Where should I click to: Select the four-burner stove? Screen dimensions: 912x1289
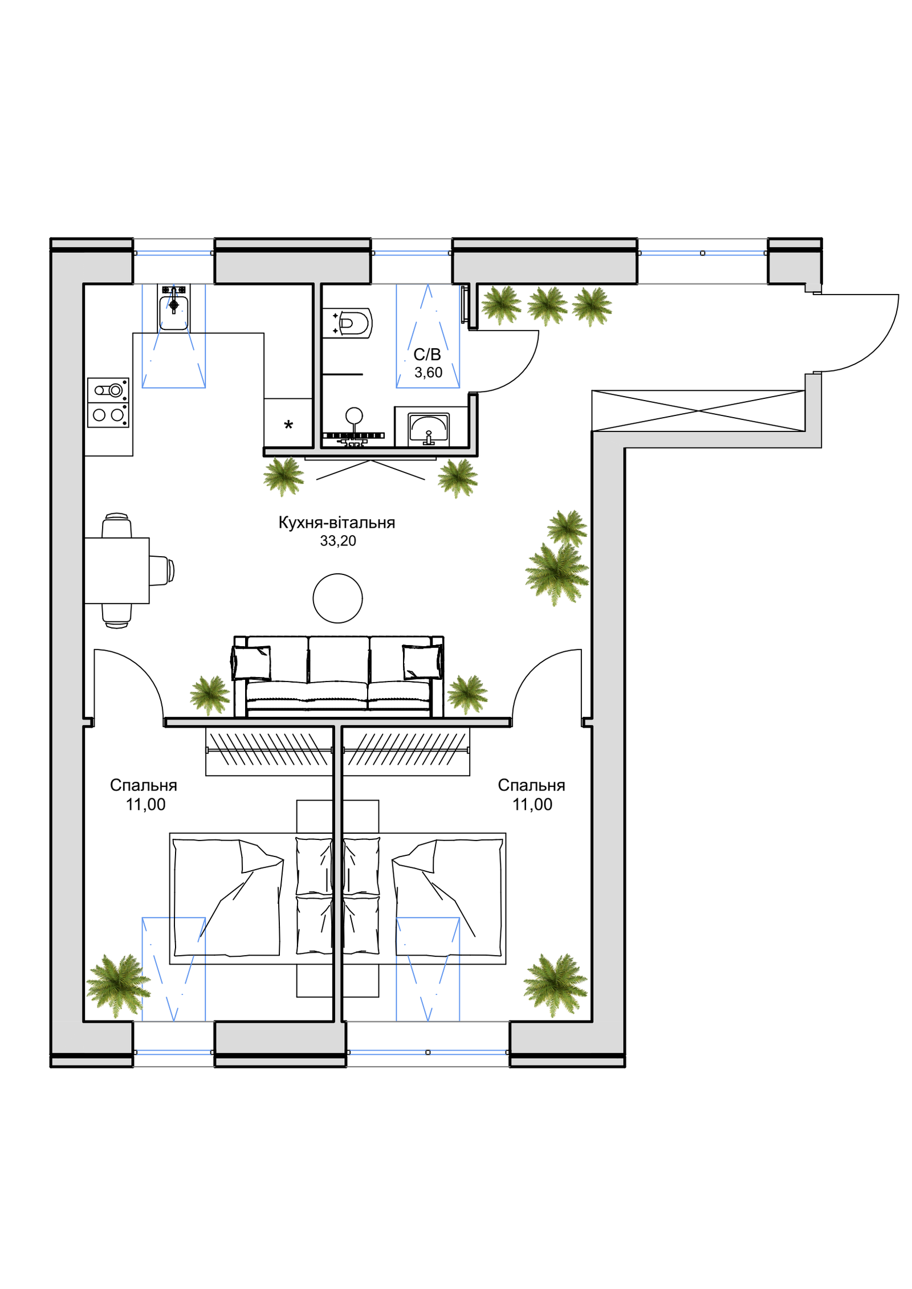[x=108, y=403]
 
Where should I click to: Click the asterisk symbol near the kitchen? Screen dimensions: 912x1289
[x=288, y=425]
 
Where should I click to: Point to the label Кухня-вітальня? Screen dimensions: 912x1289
[x=336, y=523]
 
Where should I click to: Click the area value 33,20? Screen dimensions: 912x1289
[x=338, y=541]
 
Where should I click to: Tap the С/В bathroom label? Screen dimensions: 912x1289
[x=427, y=354]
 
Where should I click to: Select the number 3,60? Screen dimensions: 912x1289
[x=428, y=373]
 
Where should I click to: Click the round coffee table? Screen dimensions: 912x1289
[x=338, y=598]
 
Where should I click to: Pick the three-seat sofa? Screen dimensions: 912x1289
[x=339, y=676]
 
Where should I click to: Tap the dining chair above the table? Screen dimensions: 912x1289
[x=117, y=525]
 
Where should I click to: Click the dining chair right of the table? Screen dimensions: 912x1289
[x=162, y=570]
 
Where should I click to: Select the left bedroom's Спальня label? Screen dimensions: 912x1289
[x=144, y=785]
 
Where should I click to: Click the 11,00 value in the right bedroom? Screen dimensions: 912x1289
[x=532, y=805]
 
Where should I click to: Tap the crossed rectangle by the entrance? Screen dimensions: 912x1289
[x=698, y=410]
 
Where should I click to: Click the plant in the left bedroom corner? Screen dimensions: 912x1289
[x=119, y=986]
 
